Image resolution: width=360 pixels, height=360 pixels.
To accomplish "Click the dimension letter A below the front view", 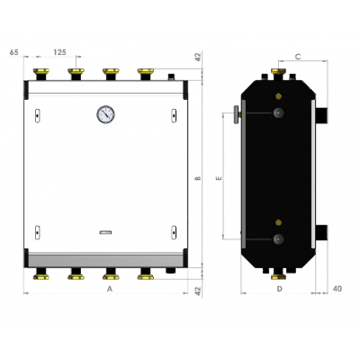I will tap(108, 291).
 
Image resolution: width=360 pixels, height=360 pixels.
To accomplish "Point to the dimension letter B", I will tap(197, 177).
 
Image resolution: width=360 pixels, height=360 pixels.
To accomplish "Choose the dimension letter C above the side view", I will tap(297, 55).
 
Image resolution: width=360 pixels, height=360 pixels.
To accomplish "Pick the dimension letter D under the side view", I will tap(280, 290).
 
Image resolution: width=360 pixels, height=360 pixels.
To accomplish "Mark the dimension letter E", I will tap(219, 178).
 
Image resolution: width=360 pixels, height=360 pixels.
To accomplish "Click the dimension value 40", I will tap(337, 289).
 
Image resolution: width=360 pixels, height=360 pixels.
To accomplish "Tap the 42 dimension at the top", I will tap(197, 58).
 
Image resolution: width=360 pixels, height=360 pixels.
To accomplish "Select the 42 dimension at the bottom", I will tap(197, 290).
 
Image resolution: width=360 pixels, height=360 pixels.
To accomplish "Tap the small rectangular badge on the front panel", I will tap(106, 232).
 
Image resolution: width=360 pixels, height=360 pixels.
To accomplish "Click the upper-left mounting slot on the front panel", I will tap(37, 113).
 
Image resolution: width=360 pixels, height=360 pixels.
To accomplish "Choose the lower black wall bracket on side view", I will tap(321, 234).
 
